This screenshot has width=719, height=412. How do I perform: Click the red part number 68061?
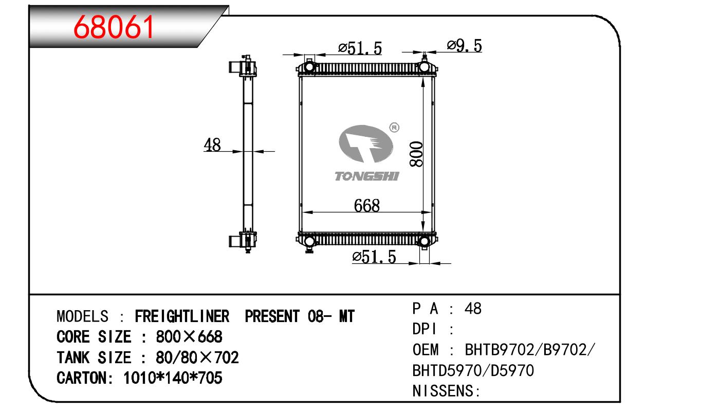click(x=114, y=27)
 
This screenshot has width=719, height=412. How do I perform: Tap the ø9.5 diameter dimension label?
click(x=465, y=46)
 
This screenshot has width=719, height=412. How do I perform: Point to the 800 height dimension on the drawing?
click(x=416, y=154)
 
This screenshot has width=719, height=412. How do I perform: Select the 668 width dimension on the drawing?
click(x=367, y=206)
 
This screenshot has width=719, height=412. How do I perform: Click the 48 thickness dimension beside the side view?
click(x=212, y=145)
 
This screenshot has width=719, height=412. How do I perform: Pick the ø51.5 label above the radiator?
click(x=360, y=48)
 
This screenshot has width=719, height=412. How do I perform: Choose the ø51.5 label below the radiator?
click(x=374, y=257)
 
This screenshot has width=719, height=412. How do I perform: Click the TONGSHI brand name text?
click(x=366, y=176)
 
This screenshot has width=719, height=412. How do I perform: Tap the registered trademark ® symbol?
click(x=394, y=128)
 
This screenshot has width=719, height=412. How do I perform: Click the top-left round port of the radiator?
click(x=309, y=67)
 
